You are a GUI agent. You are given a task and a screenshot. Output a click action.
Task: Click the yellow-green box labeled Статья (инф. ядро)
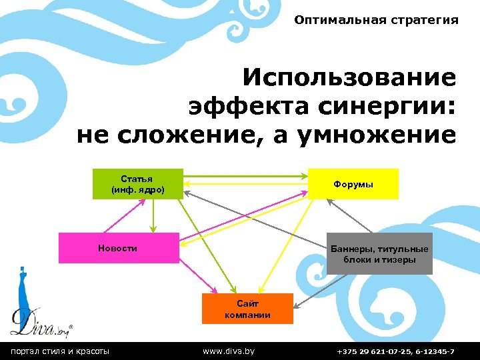point(137,183)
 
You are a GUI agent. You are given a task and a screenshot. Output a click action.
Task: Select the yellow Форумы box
point(353,183)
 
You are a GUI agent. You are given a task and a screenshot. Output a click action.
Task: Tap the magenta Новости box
point(119,248)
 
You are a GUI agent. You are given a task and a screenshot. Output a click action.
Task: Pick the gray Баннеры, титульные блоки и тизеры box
point(379,254)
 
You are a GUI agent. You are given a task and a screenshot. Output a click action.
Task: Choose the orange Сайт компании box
point(247,309)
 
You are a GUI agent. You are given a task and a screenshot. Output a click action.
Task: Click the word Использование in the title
point(349,78)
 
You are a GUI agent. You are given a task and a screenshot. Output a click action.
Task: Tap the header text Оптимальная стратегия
point(376,20)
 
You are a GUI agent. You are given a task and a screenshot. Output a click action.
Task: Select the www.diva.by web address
point(229,351)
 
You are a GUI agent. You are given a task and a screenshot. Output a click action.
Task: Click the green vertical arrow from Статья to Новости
point(153,215)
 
